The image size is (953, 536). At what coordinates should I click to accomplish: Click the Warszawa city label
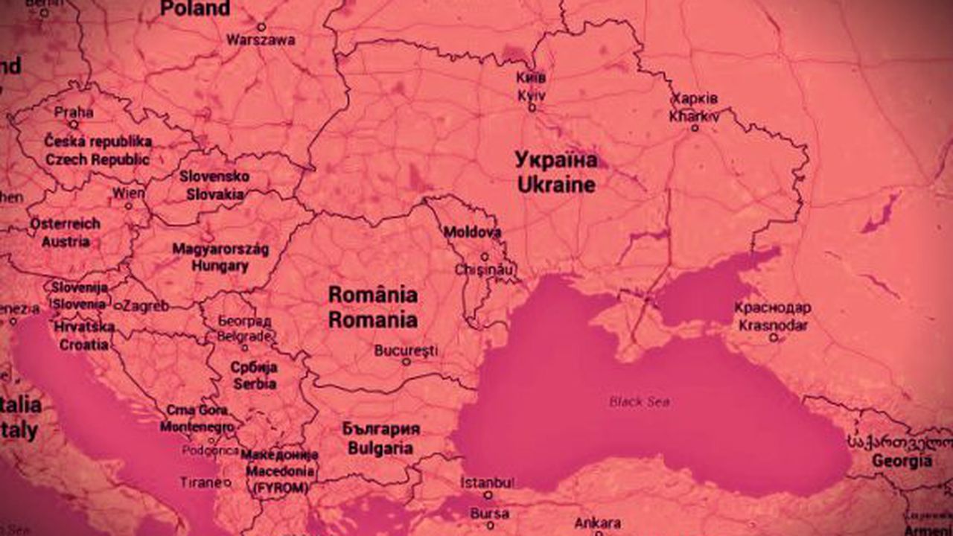point(261,39)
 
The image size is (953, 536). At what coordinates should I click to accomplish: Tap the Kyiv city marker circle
point(532,108)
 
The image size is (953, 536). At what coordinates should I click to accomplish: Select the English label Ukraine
point(556,185)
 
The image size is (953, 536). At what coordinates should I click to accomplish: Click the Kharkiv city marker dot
point(695,128)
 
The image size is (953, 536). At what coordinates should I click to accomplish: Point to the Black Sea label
point(639,402)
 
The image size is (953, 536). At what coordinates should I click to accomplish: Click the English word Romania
point(373,320)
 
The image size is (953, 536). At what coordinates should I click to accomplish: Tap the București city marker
point(406,362)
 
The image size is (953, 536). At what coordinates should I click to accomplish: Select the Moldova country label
point(472,232)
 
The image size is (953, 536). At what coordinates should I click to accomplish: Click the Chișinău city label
point(484,269)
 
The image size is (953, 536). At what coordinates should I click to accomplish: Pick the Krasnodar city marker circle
point(774,338)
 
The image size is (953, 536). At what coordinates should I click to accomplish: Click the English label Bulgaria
point(380,448)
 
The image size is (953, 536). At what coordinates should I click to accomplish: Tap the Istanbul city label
point(487,482)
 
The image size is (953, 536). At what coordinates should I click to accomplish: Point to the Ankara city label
point(597,523)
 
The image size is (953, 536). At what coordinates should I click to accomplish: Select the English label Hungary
point(220,266)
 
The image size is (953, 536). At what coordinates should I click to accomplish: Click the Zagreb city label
point(145,305)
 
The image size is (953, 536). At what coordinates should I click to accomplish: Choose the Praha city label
point(74,112)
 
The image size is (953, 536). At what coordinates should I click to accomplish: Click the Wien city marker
point(129,205)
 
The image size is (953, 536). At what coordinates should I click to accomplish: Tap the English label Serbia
point(255,384)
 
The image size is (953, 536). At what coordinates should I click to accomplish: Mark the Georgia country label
point(902,462)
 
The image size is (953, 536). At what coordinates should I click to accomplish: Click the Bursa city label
point(489,513)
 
